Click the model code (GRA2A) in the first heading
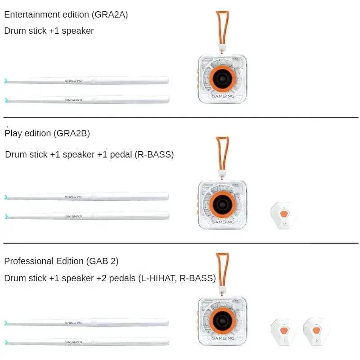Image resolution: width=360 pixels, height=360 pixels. pos(110,15)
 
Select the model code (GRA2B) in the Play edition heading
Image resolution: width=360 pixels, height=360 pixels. pos(72,133)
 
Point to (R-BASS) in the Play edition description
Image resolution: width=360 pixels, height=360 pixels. pos(154,154)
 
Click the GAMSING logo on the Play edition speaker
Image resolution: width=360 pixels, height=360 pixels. pos(223,222)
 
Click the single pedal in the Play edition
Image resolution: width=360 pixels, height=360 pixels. pos(284,215)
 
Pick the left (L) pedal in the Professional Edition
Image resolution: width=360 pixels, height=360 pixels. pos(284,332)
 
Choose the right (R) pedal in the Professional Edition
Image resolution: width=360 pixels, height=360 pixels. pos(316,332)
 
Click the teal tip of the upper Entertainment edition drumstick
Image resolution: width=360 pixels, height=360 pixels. pos(6,81)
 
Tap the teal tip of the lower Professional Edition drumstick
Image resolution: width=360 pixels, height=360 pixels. pos(6,342)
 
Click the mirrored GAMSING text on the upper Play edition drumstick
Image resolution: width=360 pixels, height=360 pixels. pos(73,197)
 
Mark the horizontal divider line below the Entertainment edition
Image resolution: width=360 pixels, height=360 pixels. pos(181,117)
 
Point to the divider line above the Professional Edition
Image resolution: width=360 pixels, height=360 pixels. pos(181,243)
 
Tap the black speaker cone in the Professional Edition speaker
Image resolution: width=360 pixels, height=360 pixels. pos(222,321)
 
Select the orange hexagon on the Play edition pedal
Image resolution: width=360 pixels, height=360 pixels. pos(284,214)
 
